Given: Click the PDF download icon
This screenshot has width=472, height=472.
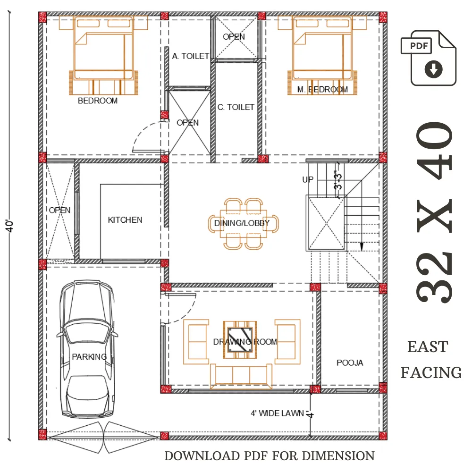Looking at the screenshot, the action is point(429,58).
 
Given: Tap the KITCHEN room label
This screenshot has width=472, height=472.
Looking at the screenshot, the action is point(125,220).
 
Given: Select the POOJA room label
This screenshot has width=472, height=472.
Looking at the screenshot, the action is point(350,362).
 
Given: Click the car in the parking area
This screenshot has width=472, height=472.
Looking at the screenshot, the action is point(87,349).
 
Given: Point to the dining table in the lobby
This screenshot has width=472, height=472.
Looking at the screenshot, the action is point(243,224).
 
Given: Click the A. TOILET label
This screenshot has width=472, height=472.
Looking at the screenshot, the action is point(191,56).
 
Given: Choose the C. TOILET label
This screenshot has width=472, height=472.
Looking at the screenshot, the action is point(236,107).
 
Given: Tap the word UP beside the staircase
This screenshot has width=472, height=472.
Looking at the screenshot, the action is point(308,180).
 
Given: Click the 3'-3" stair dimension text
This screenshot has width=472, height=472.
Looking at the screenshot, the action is point(338,180).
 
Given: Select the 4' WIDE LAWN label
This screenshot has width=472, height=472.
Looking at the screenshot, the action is point(277,413).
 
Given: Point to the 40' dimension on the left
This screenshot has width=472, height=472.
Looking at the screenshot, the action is point(9,226).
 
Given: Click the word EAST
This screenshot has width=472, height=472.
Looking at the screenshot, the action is point(428,347).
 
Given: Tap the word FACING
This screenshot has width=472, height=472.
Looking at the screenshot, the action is point(431,372).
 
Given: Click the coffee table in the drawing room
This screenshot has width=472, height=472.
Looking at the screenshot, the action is point(240,340).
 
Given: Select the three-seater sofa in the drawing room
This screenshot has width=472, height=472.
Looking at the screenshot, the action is point(241,376).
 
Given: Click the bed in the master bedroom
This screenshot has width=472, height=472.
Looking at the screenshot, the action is point(322,56).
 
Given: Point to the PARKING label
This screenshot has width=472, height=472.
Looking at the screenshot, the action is point(89,357).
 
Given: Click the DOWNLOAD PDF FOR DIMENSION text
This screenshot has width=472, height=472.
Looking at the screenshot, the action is point(270,456).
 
